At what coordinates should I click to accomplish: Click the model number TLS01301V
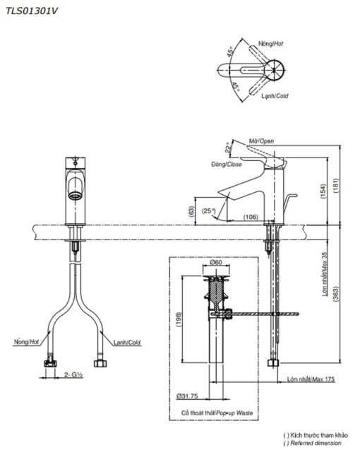point(32,11)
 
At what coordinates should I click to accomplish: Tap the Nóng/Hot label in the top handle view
point(270,44)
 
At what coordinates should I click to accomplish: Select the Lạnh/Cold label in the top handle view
point(275,96)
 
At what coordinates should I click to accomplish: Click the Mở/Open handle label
point(261,141)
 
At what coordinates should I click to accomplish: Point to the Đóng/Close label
point(227,164)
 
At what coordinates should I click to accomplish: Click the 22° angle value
point(228,148)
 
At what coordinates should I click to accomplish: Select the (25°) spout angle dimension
point(208,211)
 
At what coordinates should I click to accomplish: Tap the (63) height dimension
point(191,211)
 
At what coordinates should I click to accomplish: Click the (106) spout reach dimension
point(251,217)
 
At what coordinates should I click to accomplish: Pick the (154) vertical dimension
point(323,191)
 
